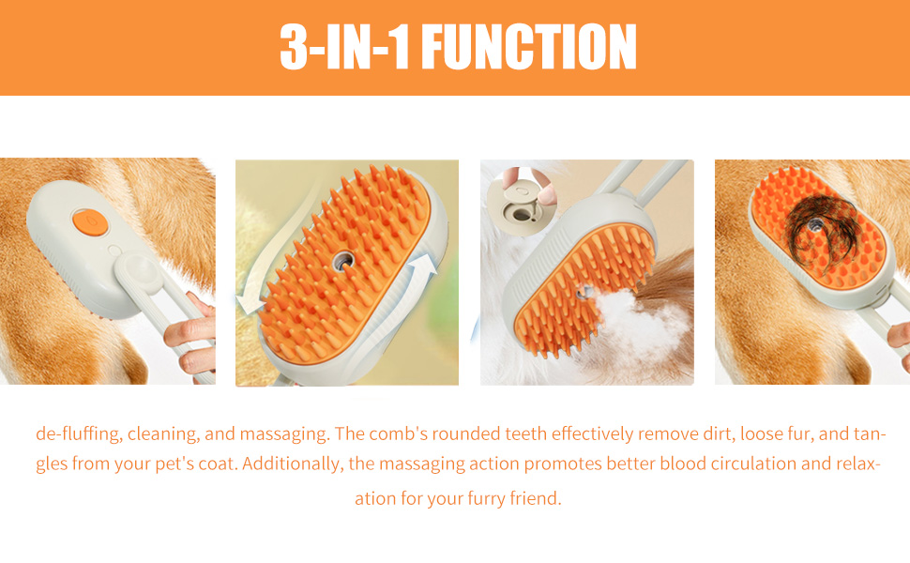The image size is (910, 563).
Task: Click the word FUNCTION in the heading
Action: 529,47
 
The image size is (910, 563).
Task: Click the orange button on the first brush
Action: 90,222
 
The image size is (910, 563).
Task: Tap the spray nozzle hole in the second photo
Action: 343,262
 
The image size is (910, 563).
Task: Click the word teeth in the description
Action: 525,434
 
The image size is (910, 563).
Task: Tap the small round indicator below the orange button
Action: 114,251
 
